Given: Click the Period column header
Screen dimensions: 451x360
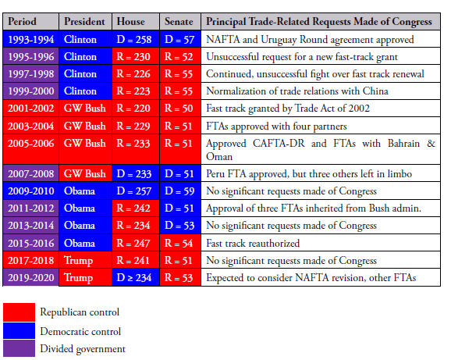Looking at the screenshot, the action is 30,22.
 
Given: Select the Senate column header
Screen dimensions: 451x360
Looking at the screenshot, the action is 180,22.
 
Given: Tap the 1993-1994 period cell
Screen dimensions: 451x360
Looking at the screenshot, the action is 30,39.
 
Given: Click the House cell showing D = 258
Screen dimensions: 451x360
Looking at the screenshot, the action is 136,39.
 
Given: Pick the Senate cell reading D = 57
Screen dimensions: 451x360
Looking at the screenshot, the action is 180,39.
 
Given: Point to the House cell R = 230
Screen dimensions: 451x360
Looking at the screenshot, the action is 136,56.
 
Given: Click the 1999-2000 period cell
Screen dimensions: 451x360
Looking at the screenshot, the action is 30,91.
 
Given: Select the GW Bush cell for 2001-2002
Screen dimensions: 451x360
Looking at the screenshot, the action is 85,109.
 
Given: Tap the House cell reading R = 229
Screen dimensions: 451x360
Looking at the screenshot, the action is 136,126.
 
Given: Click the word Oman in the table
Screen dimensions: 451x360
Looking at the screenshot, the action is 219,157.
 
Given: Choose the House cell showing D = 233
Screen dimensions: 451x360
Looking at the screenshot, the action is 136,173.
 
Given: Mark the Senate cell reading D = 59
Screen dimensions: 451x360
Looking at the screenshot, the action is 180,191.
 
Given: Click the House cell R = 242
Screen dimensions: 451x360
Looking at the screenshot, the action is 136,208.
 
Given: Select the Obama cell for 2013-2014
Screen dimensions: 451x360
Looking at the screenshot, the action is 85,226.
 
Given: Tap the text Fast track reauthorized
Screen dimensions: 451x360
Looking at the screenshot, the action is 253,243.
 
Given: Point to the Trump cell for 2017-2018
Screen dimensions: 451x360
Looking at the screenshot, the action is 85,260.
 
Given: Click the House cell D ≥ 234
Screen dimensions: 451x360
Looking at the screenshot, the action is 136,277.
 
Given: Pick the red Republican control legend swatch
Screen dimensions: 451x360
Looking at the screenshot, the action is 19,312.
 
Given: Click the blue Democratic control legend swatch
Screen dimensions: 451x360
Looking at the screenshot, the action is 19,330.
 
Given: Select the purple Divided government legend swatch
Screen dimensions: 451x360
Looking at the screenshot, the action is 19,348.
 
